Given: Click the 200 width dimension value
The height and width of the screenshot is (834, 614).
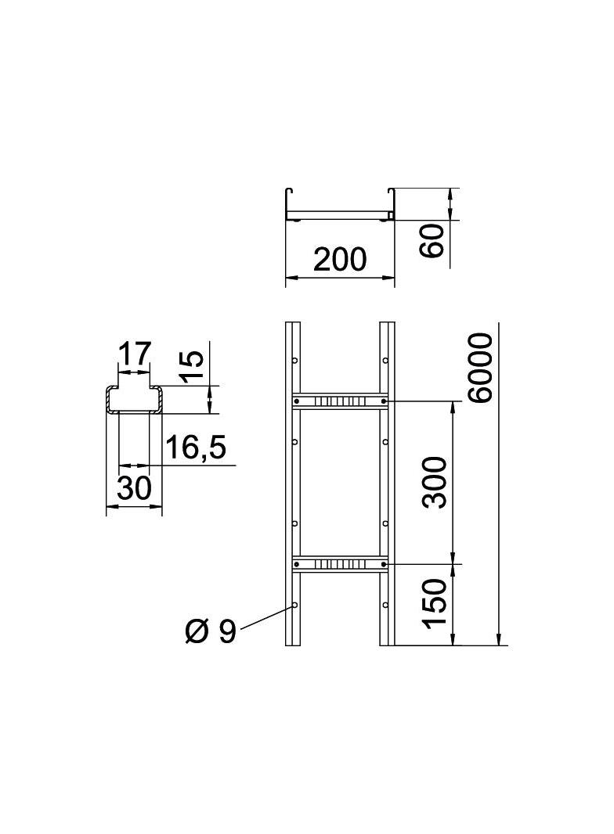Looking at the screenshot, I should coord(340,259).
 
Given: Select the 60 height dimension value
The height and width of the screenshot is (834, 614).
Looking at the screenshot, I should coord(433,239).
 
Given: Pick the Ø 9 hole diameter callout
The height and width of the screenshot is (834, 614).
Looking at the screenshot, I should coord(211,631).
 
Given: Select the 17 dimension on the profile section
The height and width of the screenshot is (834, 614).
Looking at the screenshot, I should coord(134,354).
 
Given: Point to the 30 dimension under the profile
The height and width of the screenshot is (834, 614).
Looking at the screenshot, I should coord(134,489).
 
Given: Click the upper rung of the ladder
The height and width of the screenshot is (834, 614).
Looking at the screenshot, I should coord(340,401).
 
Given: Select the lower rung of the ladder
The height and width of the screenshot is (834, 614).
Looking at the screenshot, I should coord(340,563).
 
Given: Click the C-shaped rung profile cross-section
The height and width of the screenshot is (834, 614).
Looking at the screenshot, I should coord(134,399).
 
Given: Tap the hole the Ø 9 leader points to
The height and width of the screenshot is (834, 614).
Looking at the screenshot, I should coord(294,605).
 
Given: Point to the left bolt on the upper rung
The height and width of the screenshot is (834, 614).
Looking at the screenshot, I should coord(296,401).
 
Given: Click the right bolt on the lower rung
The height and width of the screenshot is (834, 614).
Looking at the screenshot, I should coord(383,563).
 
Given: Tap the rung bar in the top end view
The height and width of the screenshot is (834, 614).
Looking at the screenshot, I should coord(340,214).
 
